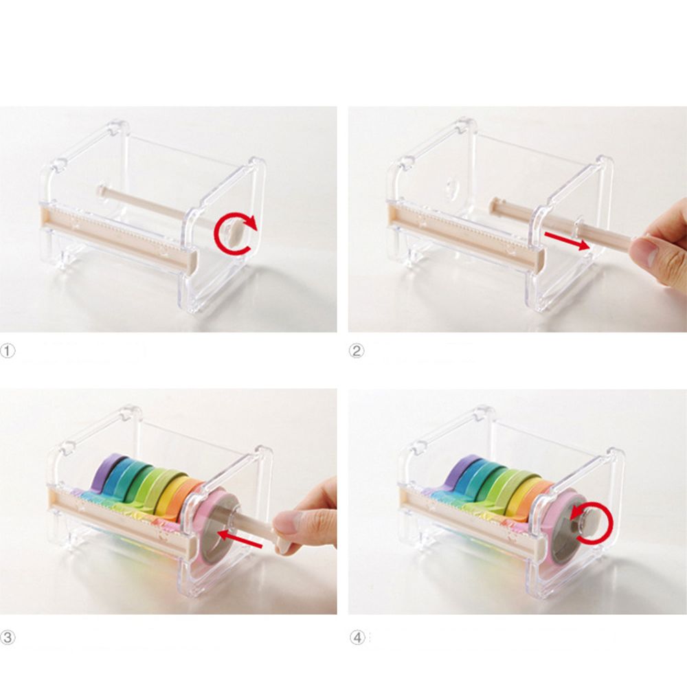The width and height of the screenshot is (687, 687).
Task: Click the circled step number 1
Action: (8, 351)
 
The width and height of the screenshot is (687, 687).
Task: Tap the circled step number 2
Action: (356, 351)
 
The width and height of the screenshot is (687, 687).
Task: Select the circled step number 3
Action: (8, 637)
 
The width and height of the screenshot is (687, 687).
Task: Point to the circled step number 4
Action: (357, 637)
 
